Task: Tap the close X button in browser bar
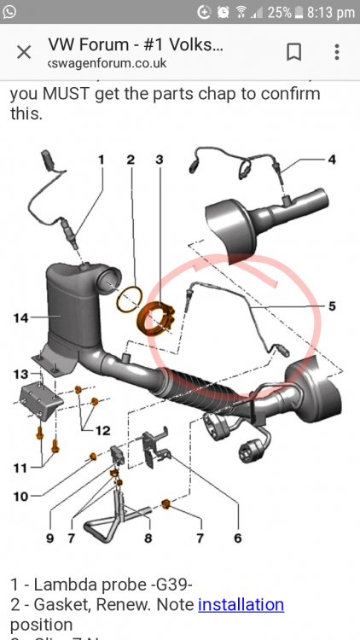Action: pos(24,52)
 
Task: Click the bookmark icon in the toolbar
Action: pos(293,52)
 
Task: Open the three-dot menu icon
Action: pos(337,52)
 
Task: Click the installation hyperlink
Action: pos(241,604)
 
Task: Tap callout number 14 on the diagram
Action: pos(21,318)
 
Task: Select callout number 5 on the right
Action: pos(332,305)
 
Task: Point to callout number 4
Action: pos(332,160)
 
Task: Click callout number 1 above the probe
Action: pos(101,160)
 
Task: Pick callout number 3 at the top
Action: pos(159,160)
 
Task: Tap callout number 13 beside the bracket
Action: pos(20,374)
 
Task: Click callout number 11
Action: pos(20,467)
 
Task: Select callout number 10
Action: pos(20,496)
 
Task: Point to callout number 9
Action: pos(49,538)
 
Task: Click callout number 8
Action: pos(148,538)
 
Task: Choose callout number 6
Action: pos(237,538)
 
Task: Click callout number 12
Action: pos(102,430)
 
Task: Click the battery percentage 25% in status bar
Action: pos(280,13)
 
